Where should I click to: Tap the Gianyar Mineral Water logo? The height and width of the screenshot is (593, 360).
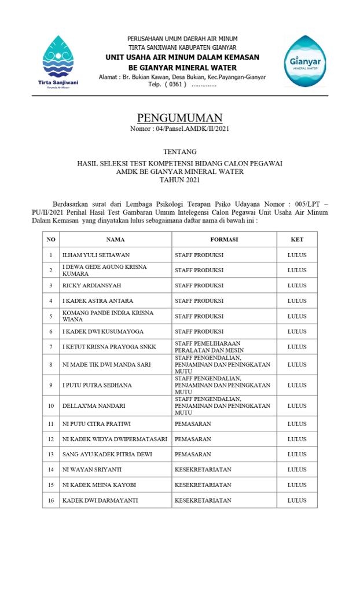pyautogui.click(x=304, y=61)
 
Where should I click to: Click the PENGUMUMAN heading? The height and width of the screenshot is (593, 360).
pyautogui.click(x=179, y=119)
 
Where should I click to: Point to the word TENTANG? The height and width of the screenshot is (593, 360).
pyautogui.click(x=179, y=152)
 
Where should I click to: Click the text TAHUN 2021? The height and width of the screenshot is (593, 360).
pyautogui.click(x=179, y=180)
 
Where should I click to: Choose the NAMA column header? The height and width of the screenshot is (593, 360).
pyautogui.click(x=115, y=239)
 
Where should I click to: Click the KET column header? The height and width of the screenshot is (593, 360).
pyautogui.click(x=297, y=239)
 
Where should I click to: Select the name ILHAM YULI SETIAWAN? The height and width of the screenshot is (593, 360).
pyautogui.click(x=96, y=255)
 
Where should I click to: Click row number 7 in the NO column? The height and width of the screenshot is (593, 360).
pyautogui.click(x=51, y=347)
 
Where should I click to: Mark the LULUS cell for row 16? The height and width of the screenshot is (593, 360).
pyautogui.click(x=297, y=500)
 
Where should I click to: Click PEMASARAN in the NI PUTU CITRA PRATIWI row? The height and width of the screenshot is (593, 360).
pyautogui.click(x=193, y=424)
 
